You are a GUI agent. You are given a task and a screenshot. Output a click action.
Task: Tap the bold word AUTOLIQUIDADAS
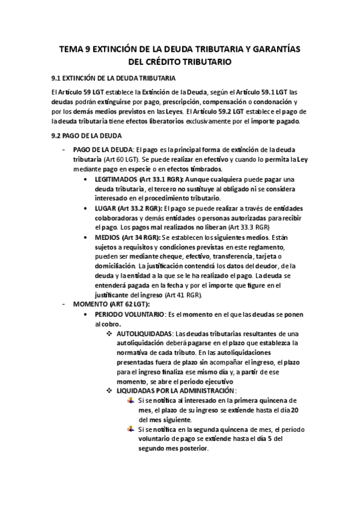click(x=144, y=333)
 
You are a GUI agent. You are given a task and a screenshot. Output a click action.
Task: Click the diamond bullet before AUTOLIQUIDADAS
click(x=109, y=333)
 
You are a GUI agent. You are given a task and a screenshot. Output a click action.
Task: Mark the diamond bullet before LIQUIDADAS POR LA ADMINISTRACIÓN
click(x=109, y=390)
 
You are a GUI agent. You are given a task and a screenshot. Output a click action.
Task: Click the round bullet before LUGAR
click(x=88, y=208)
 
